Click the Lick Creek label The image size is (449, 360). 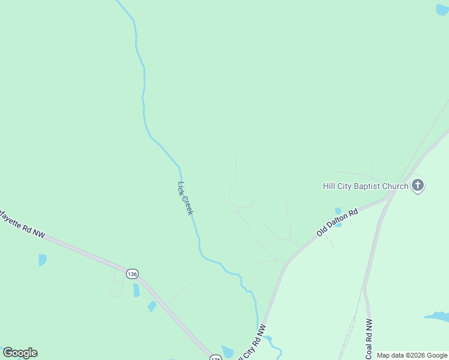pos(185,198)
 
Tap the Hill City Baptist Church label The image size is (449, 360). pos(366,186)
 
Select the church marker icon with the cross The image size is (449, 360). pos(418,186)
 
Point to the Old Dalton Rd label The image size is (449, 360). pos(337,221)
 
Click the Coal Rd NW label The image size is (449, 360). pos(369,340)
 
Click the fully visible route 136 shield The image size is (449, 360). pos(133,274)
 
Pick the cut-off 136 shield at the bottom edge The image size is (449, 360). pos(215,357)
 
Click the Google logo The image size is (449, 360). pos(20,353)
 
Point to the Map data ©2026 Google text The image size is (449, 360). pos(412,355)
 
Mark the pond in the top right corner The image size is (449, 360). pos(443,10)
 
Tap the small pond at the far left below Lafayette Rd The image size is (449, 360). pos(42,260)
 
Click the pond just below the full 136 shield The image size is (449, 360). pos(136,290)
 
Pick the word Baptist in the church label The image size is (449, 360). pos(366,186)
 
